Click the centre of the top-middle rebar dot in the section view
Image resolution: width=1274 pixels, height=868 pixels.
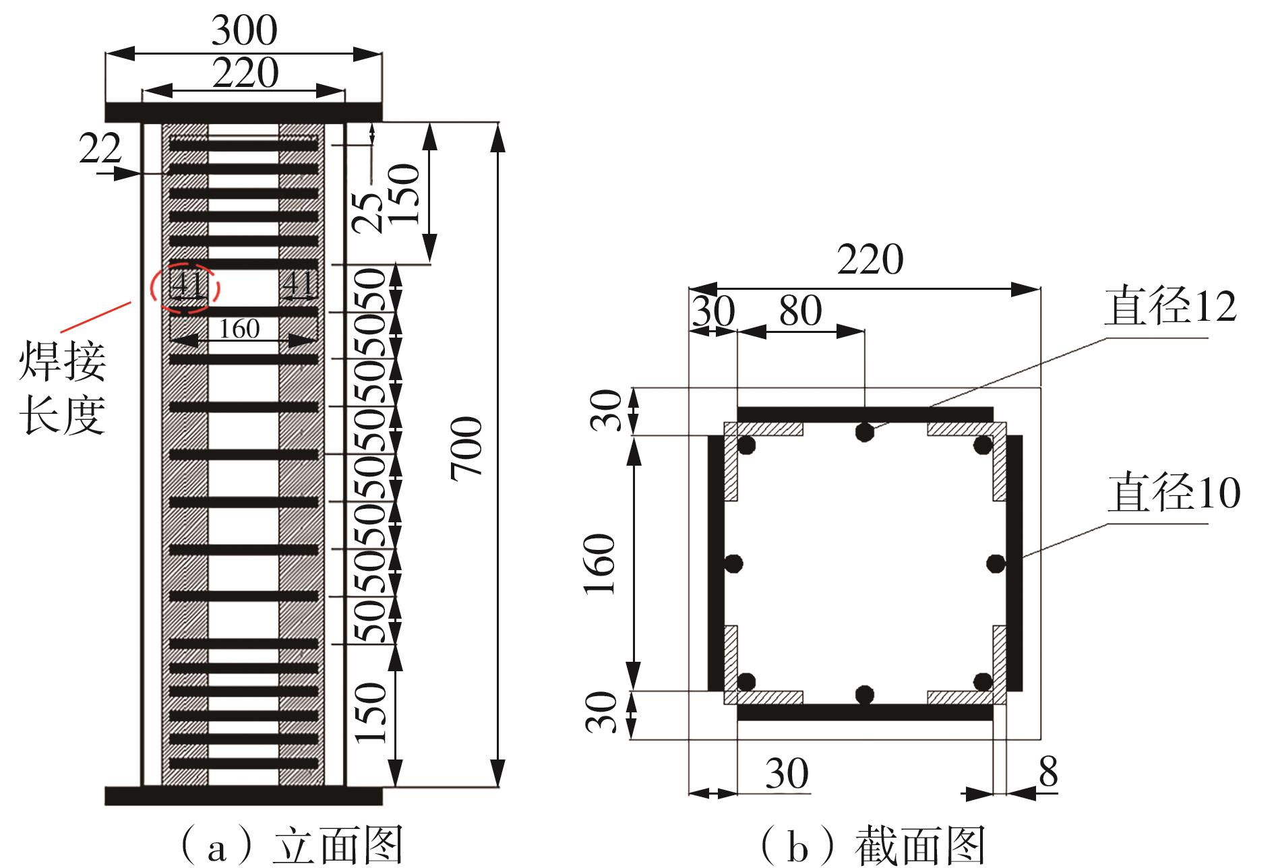click(x=864, y=432)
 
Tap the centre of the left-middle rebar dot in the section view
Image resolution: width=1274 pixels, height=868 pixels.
click(x=734, y=562)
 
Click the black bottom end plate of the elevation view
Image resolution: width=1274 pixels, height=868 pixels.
click(x=243, y=795)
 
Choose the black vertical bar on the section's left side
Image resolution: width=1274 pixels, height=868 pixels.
click(x=715, y=563)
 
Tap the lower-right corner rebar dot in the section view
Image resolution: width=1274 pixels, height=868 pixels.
click(x=983, y=681)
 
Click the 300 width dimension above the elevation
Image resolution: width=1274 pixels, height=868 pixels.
click(x=244, y=30)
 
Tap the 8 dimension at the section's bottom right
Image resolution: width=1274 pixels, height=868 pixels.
click(x=1048, y=773)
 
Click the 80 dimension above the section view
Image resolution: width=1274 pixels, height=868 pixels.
click(x=800, y=311)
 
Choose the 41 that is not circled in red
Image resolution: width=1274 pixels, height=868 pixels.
click(x=298, y=284)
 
